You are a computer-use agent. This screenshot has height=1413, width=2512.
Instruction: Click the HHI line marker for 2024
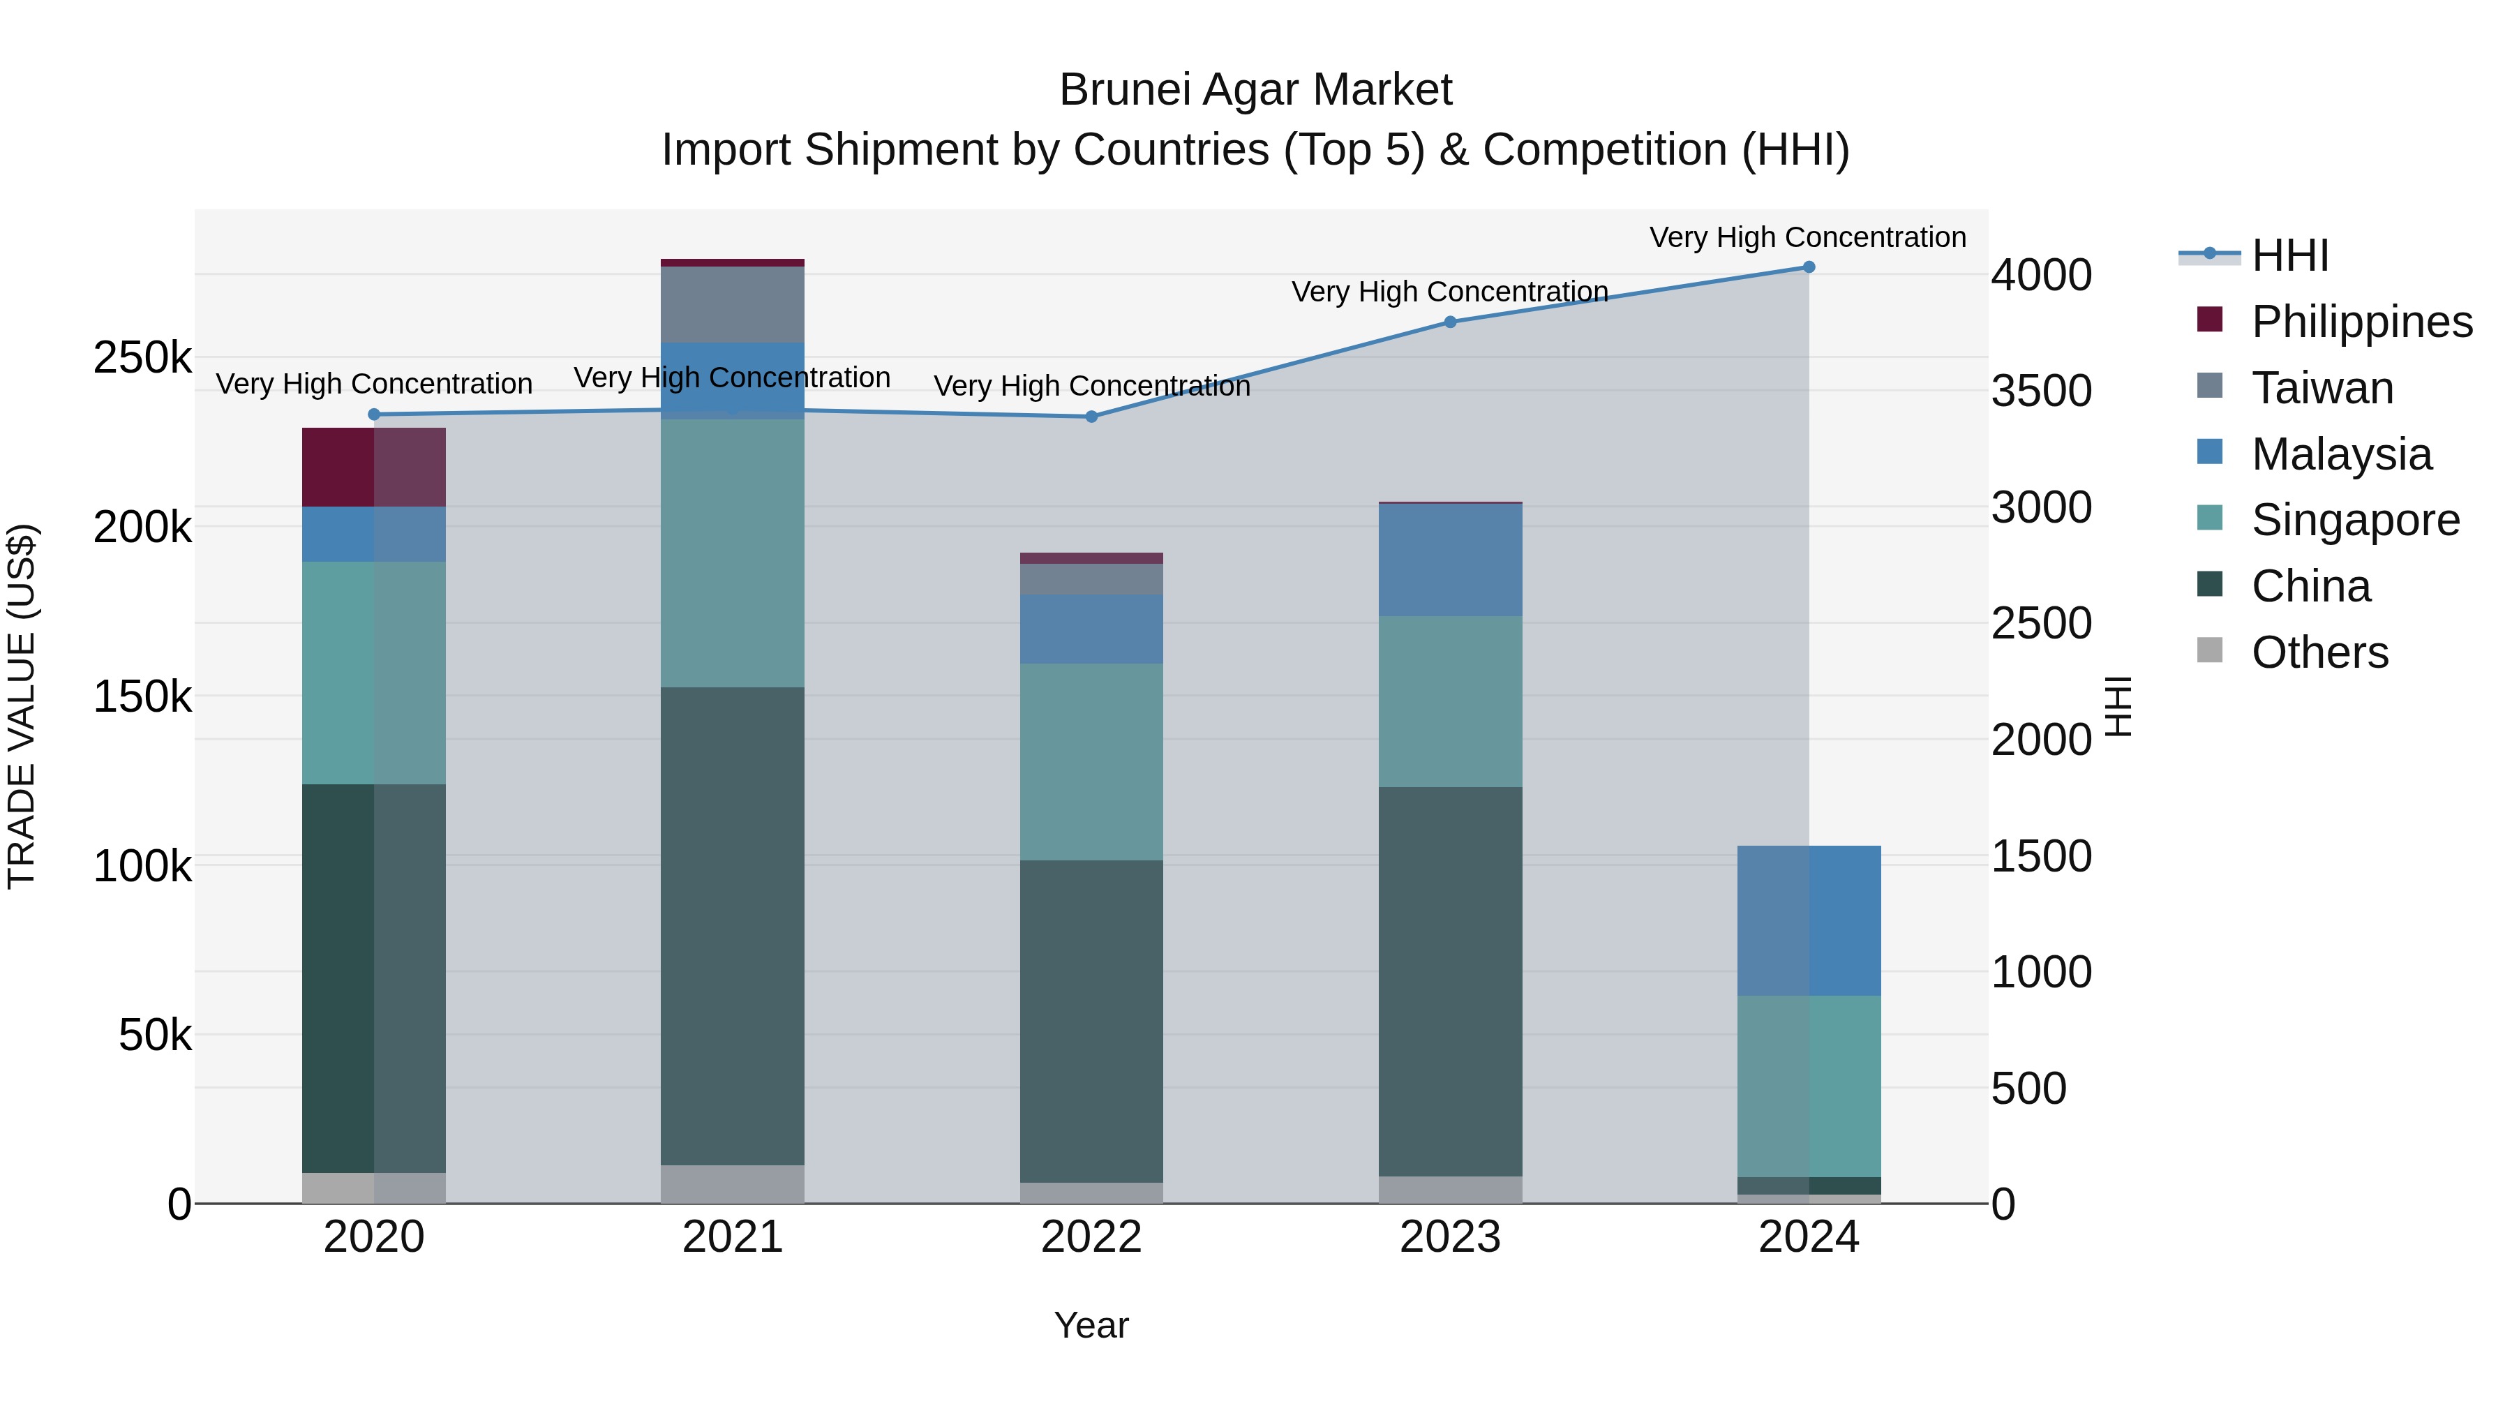pos(1809,267)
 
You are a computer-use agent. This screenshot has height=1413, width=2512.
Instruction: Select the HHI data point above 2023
pos(1450,322)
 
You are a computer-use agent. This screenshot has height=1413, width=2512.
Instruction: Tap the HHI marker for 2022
pos(1091,417)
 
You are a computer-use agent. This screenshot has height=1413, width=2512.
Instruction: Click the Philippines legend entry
pos(2361,322)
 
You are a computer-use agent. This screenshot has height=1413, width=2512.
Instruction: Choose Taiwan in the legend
pos(2322,388)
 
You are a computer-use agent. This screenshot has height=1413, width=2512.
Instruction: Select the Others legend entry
pos(2319,652)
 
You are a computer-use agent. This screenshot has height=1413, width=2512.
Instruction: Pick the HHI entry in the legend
pos(2289,255)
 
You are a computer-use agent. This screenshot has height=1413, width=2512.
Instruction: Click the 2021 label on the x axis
pos(733,1237)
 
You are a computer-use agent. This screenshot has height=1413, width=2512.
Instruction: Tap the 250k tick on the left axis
pos(142,358)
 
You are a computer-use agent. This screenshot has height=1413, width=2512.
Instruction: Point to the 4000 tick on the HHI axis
pos(2041,275)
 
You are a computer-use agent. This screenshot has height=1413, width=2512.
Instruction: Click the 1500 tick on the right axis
pos(2041,856)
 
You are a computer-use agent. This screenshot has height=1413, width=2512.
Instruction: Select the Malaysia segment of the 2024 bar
pos(1809,920)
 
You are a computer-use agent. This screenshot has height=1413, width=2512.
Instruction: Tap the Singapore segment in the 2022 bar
pos(1091,761)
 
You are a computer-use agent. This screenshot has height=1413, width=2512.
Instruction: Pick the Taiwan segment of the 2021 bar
pos(733,304)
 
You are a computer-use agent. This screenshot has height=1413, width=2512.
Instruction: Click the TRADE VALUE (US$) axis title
pos(22,706)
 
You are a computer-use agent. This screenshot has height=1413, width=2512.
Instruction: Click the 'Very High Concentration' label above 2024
pos(1807,237)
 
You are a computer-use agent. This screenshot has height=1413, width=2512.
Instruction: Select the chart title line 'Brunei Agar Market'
pos(1255,90)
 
